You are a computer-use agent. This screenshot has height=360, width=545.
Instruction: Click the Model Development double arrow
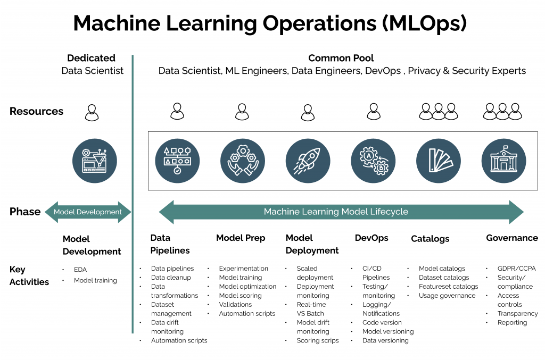click(x=88, y=212)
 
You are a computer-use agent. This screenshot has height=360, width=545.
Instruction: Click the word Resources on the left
click(x=36, y=111)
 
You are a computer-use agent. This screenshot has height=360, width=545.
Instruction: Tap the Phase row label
click(x=25, y=212)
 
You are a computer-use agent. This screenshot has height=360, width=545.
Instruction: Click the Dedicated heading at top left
click(x=92, y=58)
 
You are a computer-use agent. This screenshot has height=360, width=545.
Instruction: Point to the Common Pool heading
click(x=341, y=58)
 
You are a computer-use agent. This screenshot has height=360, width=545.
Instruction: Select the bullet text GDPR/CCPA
click(x=516, y=269)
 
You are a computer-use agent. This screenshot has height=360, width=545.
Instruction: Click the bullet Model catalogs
click(x=442, y=269)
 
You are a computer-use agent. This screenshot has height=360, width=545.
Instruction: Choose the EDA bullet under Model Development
click(x=80, y=270)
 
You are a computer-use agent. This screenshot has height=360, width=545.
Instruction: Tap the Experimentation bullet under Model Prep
click(x=243, y=269)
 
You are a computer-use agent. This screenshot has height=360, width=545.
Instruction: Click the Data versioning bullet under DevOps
click(x=385, y=340)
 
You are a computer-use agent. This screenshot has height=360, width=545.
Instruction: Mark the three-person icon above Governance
click(x=502, y=111)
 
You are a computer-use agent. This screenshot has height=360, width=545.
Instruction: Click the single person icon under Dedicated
click(x=92, y=112)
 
